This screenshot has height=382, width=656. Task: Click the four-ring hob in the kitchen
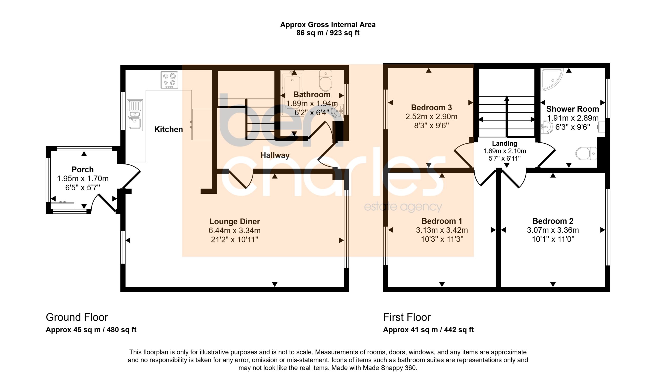point(169,80)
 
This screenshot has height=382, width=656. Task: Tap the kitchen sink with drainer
point(135,115)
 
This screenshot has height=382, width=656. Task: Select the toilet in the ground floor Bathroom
point(326,80)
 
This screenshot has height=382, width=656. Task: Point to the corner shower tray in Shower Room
point(551,79)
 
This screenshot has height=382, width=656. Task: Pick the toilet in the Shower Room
point(586,153)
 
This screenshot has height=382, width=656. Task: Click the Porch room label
point(83,169)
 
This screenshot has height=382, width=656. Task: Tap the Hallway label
point(275,155)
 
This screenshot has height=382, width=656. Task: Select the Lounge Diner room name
point(234,221)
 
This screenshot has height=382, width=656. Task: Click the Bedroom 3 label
point(431,107)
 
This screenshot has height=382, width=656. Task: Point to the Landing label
point(505,143)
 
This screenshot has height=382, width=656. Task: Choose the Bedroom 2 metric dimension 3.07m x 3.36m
point(553,230)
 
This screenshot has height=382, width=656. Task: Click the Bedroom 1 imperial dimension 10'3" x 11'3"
point(442,239)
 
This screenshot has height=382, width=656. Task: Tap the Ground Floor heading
point(77,317)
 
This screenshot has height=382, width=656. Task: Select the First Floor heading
point(407,317)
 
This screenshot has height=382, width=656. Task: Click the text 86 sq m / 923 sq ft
point(328,33)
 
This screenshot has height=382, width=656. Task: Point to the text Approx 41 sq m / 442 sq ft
point(428,330)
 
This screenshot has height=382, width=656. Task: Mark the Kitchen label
point(168,129)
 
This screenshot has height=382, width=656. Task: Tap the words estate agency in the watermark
point(403,207)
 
